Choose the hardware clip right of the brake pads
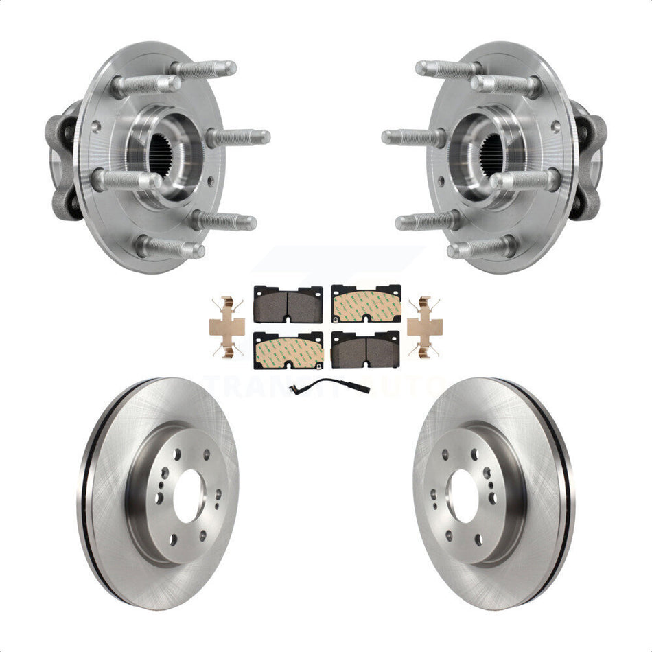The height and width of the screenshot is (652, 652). point(425,327)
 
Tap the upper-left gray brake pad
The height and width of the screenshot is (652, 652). point(288,303)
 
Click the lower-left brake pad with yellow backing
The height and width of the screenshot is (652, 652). point(288,350)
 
